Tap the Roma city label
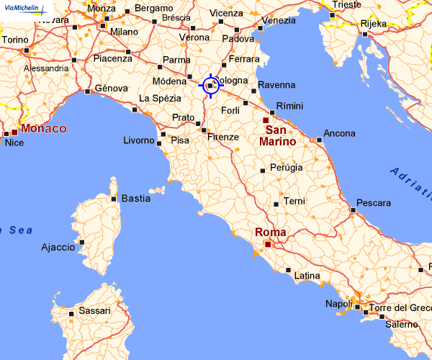point(271,233)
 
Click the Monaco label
point(44,129)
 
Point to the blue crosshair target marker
point(210,85)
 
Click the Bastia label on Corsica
point(136,198)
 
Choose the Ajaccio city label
point(58,247)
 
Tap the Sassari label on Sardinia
point(94,311)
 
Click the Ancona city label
point(340,133)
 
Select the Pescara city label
point(374,202)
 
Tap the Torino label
point(16,40)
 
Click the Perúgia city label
point(286,168)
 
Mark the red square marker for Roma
point(268,245)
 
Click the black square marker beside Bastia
point(114,199)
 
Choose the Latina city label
point(307,276)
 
